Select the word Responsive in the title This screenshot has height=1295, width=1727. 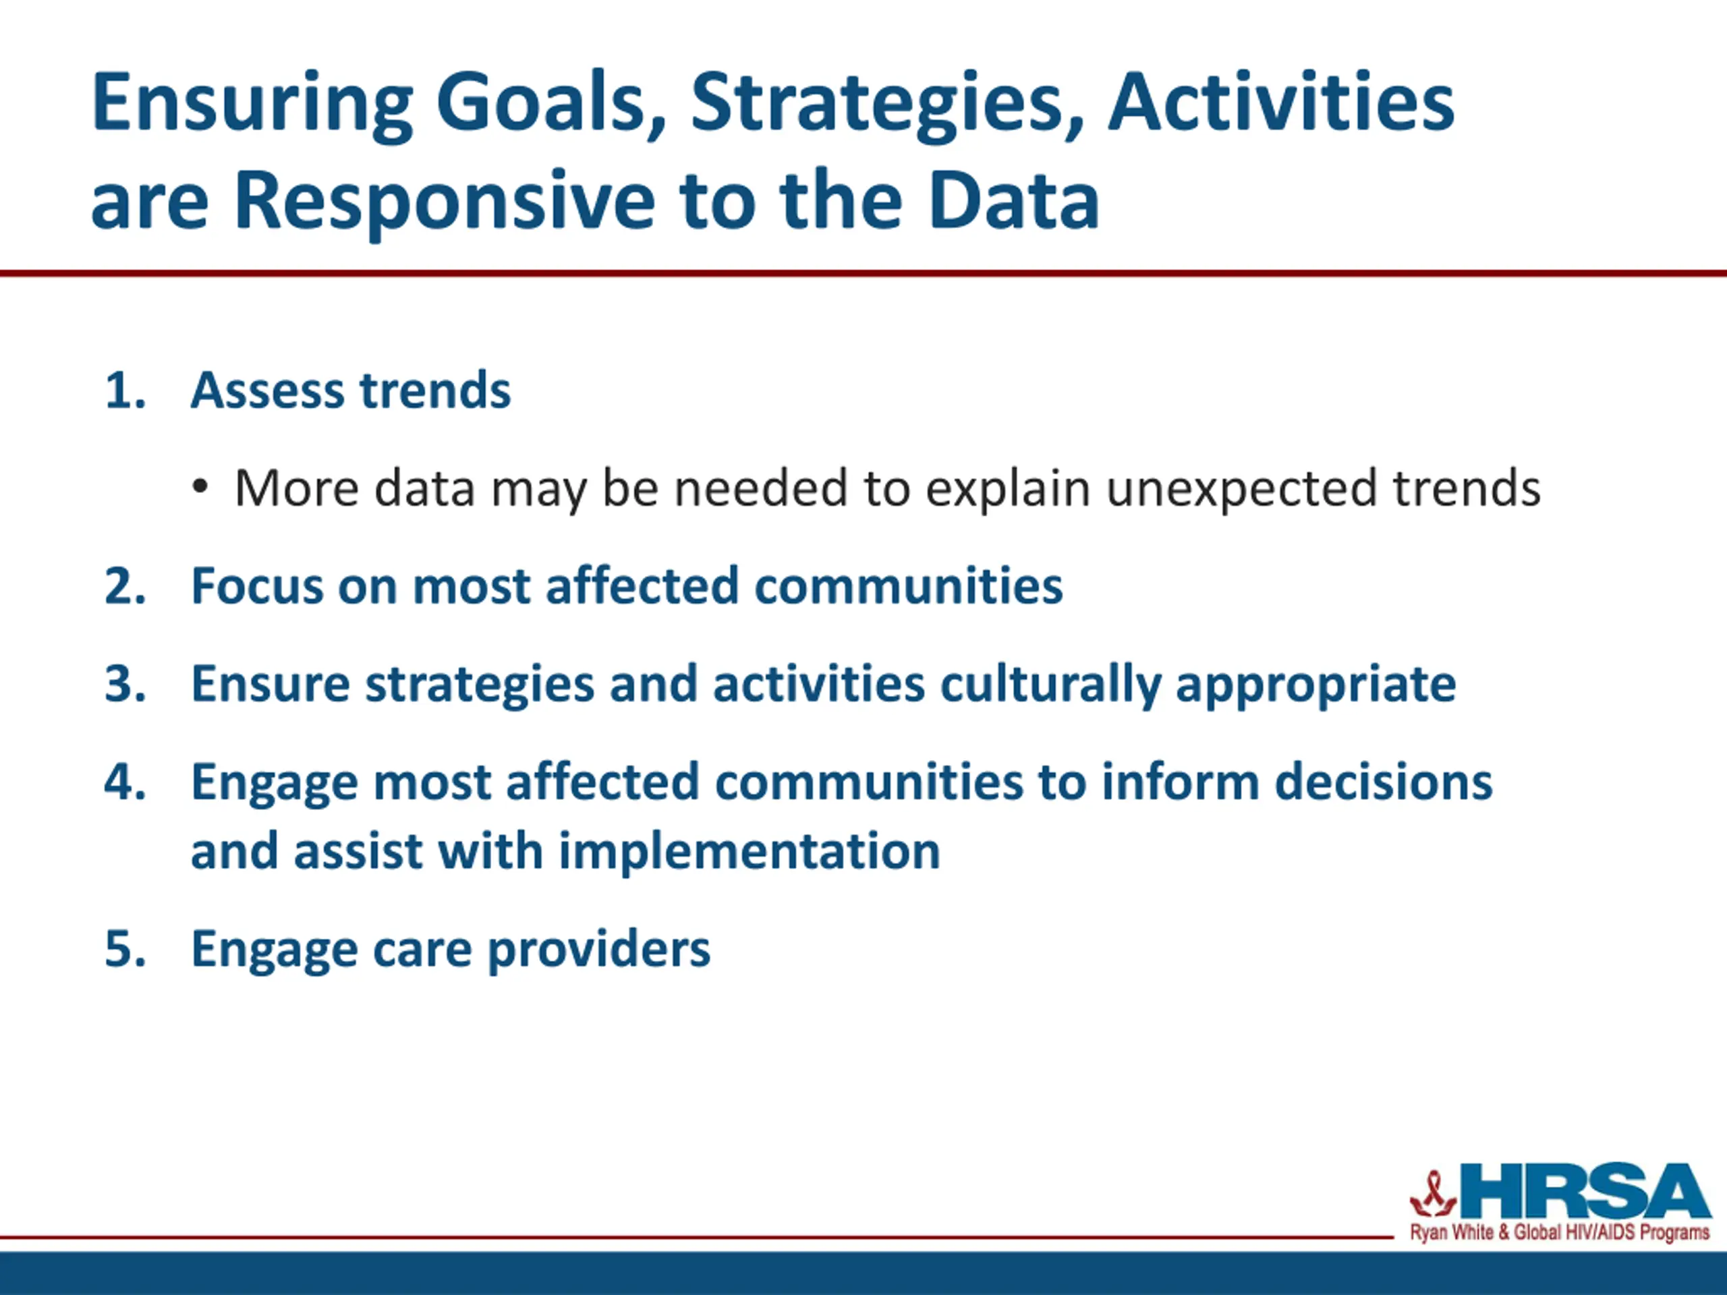point(445,202)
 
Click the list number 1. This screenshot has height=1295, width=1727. point(125,391)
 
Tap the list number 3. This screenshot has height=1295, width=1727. point(125,684)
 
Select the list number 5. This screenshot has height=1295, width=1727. point(125,949)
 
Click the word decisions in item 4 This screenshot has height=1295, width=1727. point(1384,781)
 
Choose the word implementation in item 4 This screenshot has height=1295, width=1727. point(749,853)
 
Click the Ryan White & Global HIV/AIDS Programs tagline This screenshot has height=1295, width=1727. point(1560,1232)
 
